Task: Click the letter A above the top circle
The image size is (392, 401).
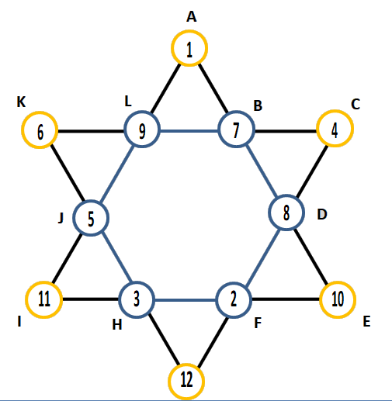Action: (192, 17)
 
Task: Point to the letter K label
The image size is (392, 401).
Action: (21, 102)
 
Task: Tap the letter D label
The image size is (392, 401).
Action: (322, 214)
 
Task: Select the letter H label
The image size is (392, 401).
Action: (117, 324)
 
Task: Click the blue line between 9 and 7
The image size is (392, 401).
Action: (189, 131)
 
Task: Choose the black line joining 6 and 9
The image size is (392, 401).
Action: (91, 131)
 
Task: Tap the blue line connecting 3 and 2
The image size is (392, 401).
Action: (186, 300)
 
